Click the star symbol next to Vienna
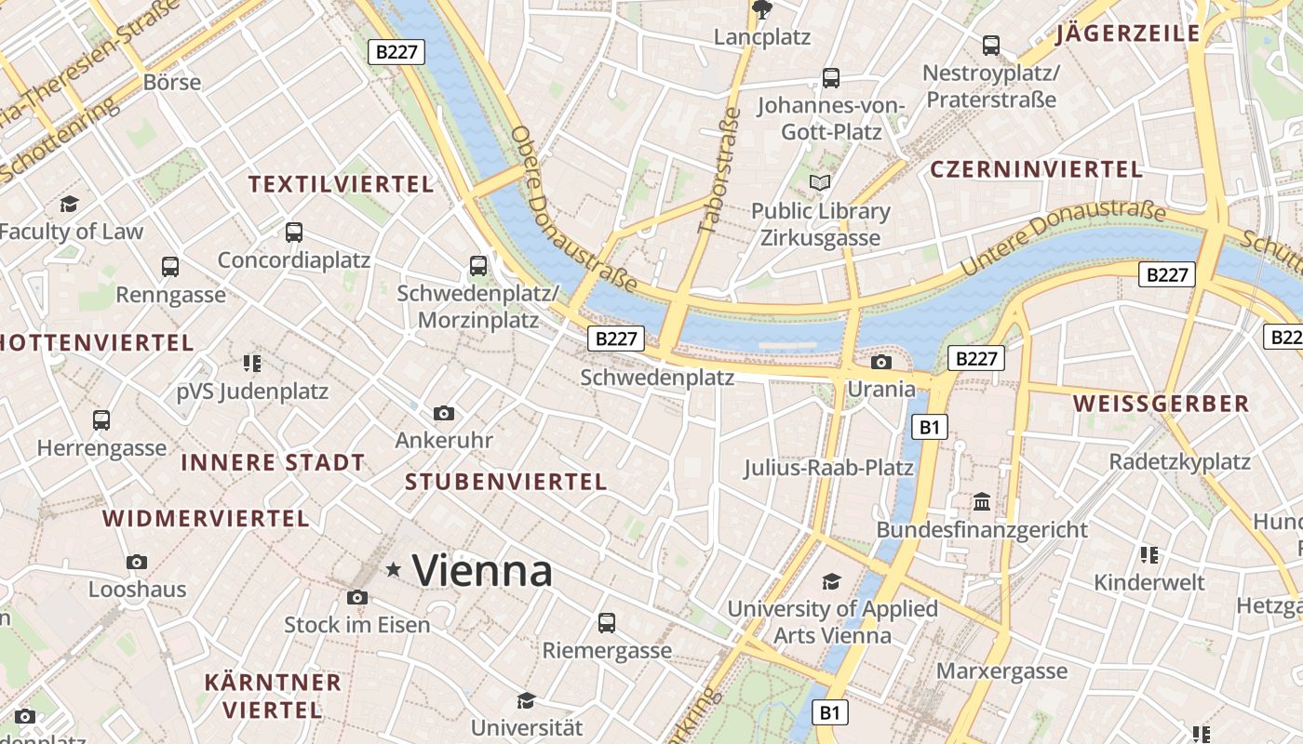(394, 569)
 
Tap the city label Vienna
(482, 569)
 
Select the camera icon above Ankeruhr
(444, 413)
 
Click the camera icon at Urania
(880, 362)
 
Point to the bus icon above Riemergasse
(607, 622)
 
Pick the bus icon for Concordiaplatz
(294, 232)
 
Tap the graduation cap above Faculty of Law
(69, 204)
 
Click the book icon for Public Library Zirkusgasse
(820, 183)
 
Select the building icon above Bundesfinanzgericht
(981, 502)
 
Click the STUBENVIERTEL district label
(506, 482)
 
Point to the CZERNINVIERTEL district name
(1036, 169)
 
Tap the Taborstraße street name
(719, 168)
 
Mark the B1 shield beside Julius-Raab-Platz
(929, 427)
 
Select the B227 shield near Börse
(397, 52)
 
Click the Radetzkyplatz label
(1179, 461)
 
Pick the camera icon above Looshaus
(137, 562)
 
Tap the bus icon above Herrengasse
(101, 420)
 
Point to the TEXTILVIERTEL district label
(341, 184)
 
